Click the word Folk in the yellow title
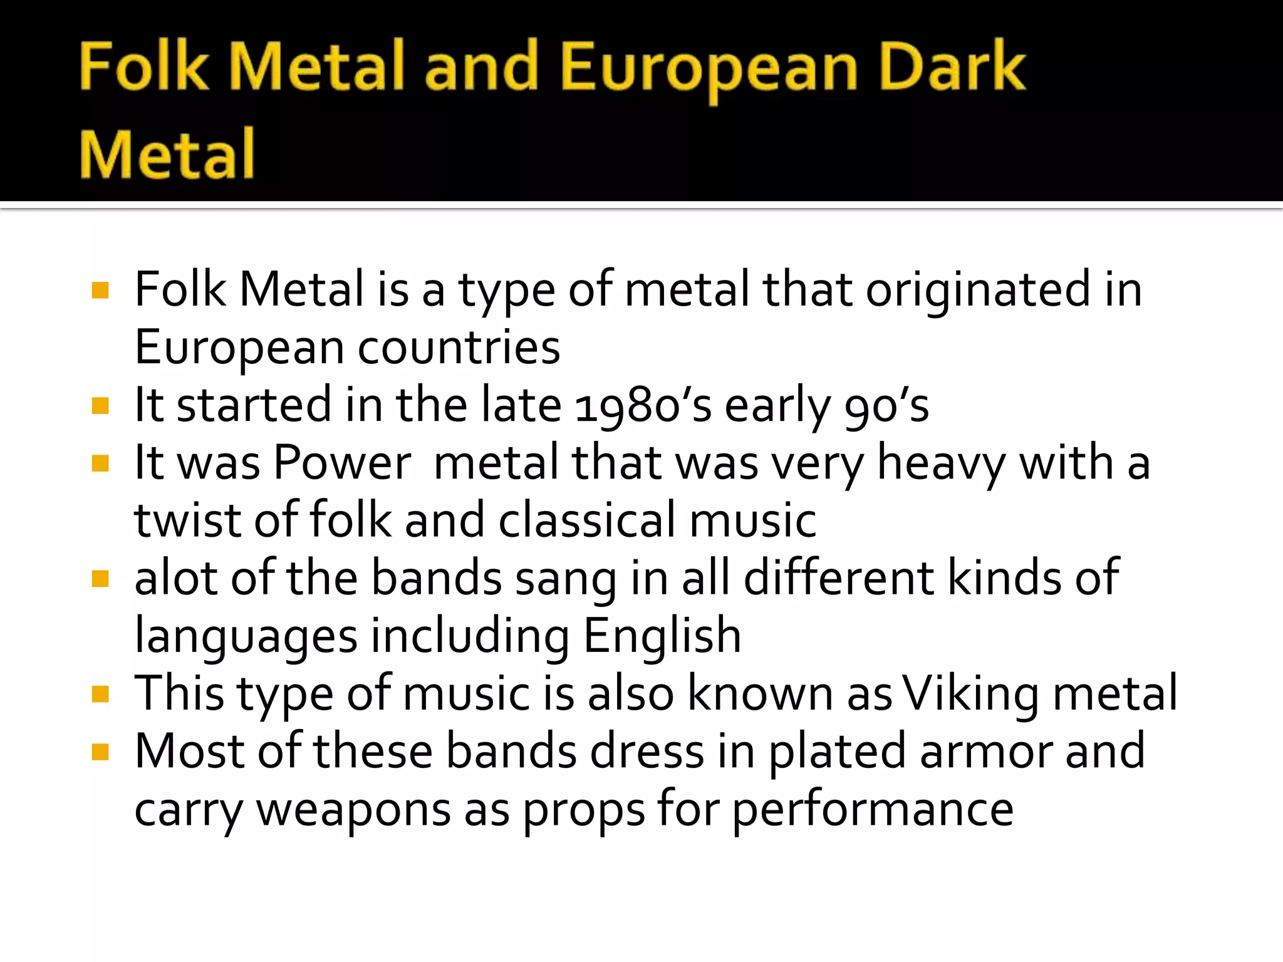143,66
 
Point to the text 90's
886,405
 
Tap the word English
662,636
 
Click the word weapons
353,809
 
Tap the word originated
978,290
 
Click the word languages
246,636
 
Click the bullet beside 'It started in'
100,406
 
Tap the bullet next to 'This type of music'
100,695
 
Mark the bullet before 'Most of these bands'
100,752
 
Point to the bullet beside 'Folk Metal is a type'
100,291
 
